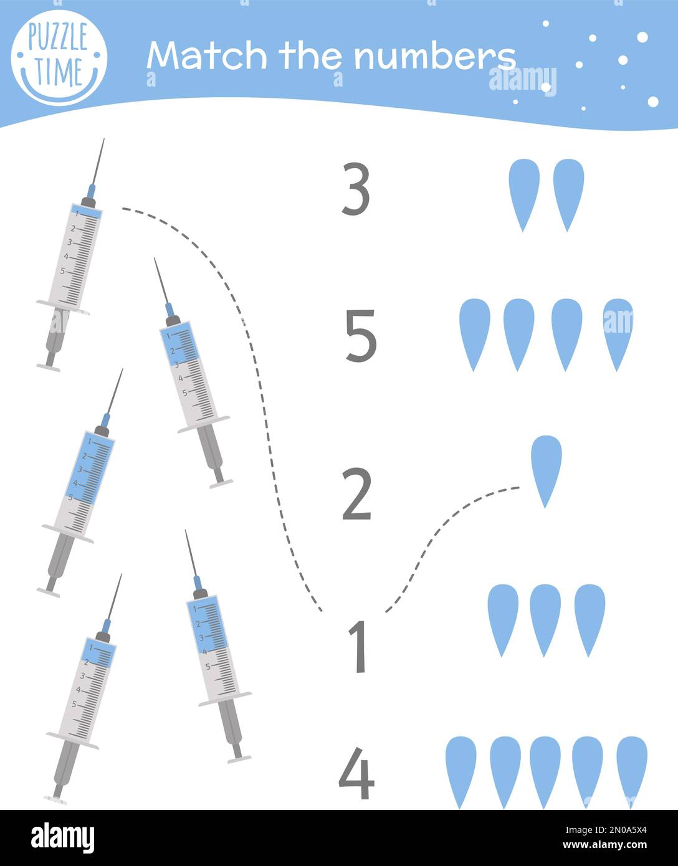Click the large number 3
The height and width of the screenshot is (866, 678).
click(x=356, y=189)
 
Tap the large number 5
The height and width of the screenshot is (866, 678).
click(x=361, y=336)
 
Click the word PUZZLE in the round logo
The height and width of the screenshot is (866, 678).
click(x=58, y=39)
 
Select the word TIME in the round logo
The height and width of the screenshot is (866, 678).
click(x=59, y=70)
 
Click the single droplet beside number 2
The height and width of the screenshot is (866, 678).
click(x=546, y=469)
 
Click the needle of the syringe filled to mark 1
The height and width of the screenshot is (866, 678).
click(x=97, y=163)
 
